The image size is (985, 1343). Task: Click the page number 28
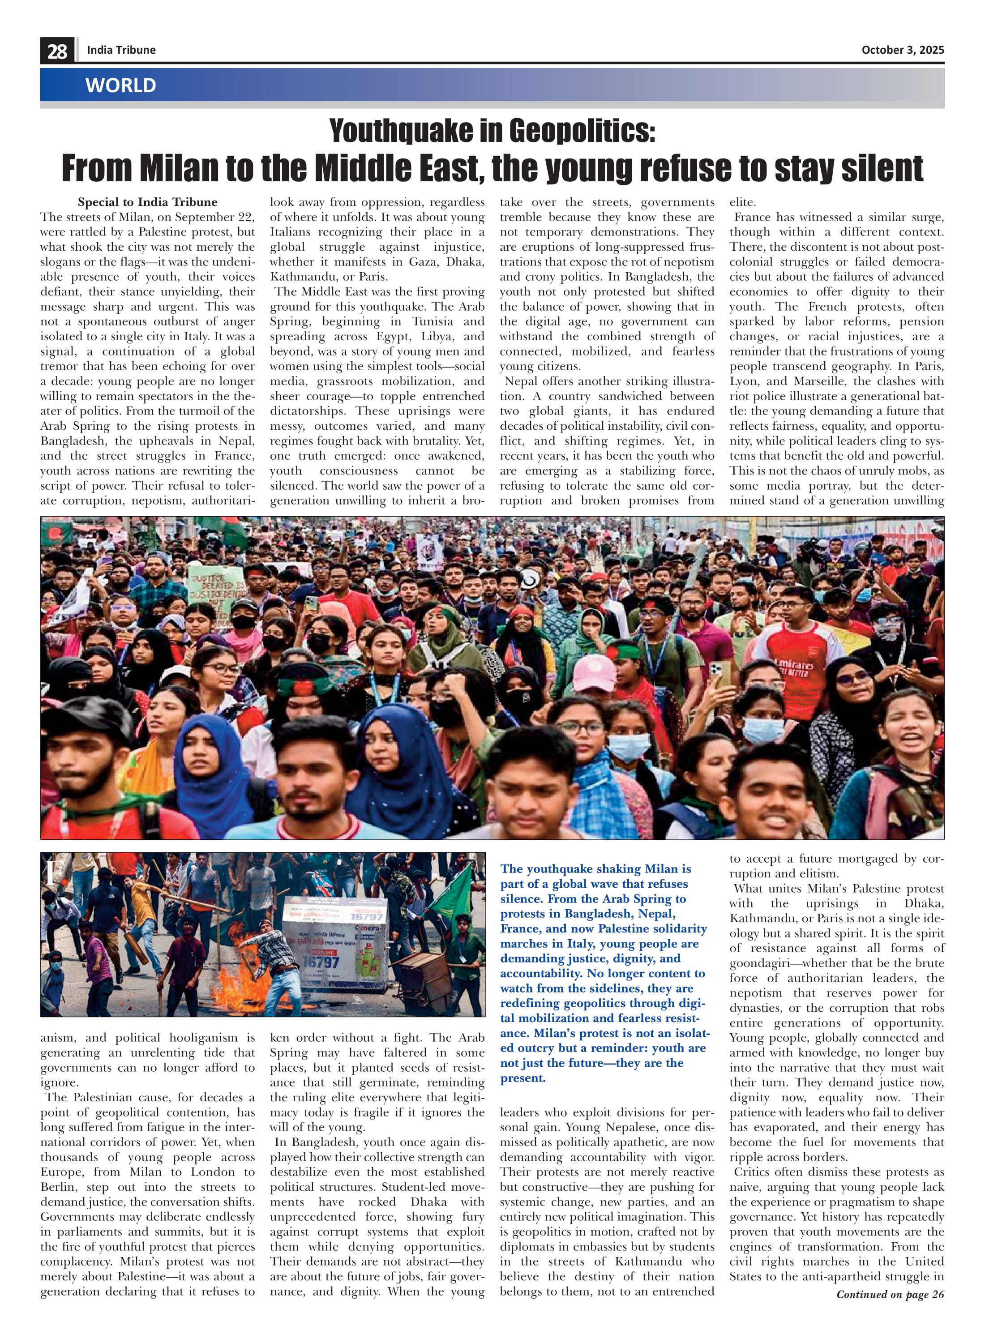click(x=57, y=51)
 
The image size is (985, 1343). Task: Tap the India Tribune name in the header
click(x=121, y=50)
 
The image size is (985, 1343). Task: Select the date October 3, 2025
click(x=902, y=50)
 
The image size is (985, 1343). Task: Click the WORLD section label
click(x=120, y=85)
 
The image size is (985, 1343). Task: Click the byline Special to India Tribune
click(x=147, y=202)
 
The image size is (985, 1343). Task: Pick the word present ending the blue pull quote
click(x=522, y=1078)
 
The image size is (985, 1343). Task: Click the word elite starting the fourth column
click(x=742, y=202)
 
